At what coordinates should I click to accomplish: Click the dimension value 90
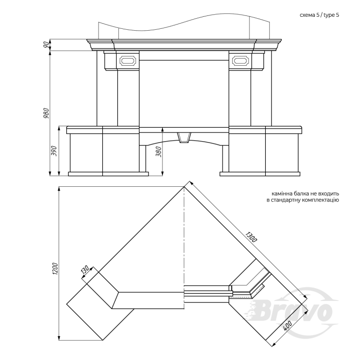[x=47, y=45]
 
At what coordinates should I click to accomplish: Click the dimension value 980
[x=46, y=113]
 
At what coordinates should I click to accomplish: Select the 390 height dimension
[x=54, y=151]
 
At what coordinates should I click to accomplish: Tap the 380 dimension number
[x=159, y=152]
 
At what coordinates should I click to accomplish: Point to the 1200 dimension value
[x=55, y=269]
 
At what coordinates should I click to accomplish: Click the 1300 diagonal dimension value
[x=250, y=237]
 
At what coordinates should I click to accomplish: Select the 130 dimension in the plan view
[x=85, y=270]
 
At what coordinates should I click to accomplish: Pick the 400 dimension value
[x=287, y=326]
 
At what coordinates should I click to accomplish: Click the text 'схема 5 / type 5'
[x=319, y=15]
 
